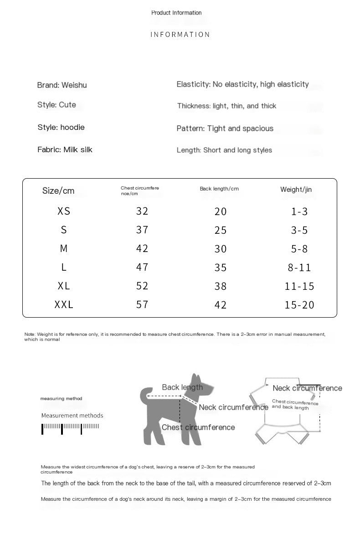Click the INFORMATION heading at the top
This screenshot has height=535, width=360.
tap(180, 35)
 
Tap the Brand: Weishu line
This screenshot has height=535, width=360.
tap(62, 85)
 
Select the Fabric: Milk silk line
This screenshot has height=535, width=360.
tap(65, 149)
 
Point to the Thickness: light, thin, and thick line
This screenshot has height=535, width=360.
tap(226, 106)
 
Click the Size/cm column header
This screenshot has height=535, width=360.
tap(58, 190)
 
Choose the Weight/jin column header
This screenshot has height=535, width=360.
tap(296, 190)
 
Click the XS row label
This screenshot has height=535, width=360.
tap(64, 211)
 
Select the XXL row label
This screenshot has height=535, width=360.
tap(64, 305)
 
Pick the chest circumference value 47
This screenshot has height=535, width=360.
tap(142, 267)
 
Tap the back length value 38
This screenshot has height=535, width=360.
tap(221, 286)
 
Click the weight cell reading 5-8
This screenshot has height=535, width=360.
tap(299, 249)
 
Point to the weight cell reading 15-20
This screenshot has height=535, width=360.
tap(299, 305)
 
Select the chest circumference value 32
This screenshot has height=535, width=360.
tap(142, 211)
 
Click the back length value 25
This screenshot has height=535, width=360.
tap(221, 230)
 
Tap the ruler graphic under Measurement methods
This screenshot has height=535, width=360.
tap(71, 427)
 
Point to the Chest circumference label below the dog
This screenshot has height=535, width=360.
tap(198, 427)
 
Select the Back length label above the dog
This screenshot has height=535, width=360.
tap(182, 387)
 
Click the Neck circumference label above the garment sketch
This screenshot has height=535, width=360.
tap(307, 388)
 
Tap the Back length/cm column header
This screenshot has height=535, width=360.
tap(219, 189)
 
